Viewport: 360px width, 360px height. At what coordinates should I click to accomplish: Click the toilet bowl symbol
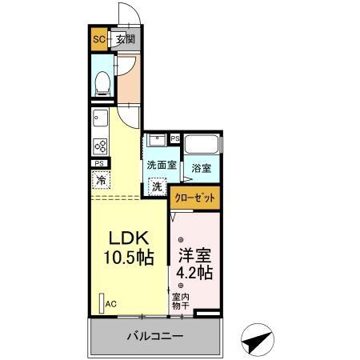(102, 83)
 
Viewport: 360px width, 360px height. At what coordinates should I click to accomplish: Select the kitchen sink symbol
(100, 121)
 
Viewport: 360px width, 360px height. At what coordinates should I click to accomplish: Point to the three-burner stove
(101, 146)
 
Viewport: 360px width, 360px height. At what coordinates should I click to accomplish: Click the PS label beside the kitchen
(99, 164)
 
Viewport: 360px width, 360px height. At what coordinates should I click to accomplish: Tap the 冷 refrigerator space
(101, 180)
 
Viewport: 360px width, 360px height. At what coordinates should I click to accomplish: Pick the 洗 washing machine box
(157, 186)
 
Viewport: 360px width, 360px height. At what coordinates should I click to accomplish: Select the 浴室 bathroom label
(202, 169)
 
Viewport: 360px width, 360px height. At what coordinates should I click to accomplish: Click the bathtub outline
(202, 146)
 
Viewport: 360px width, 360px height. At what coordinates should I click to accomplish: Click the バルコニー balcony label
(155, 337)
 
